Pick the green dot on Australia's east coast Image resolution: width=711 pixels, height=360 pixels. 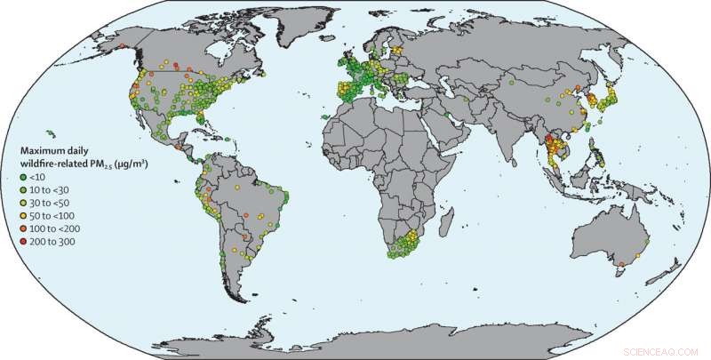(x=647, y=240)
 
